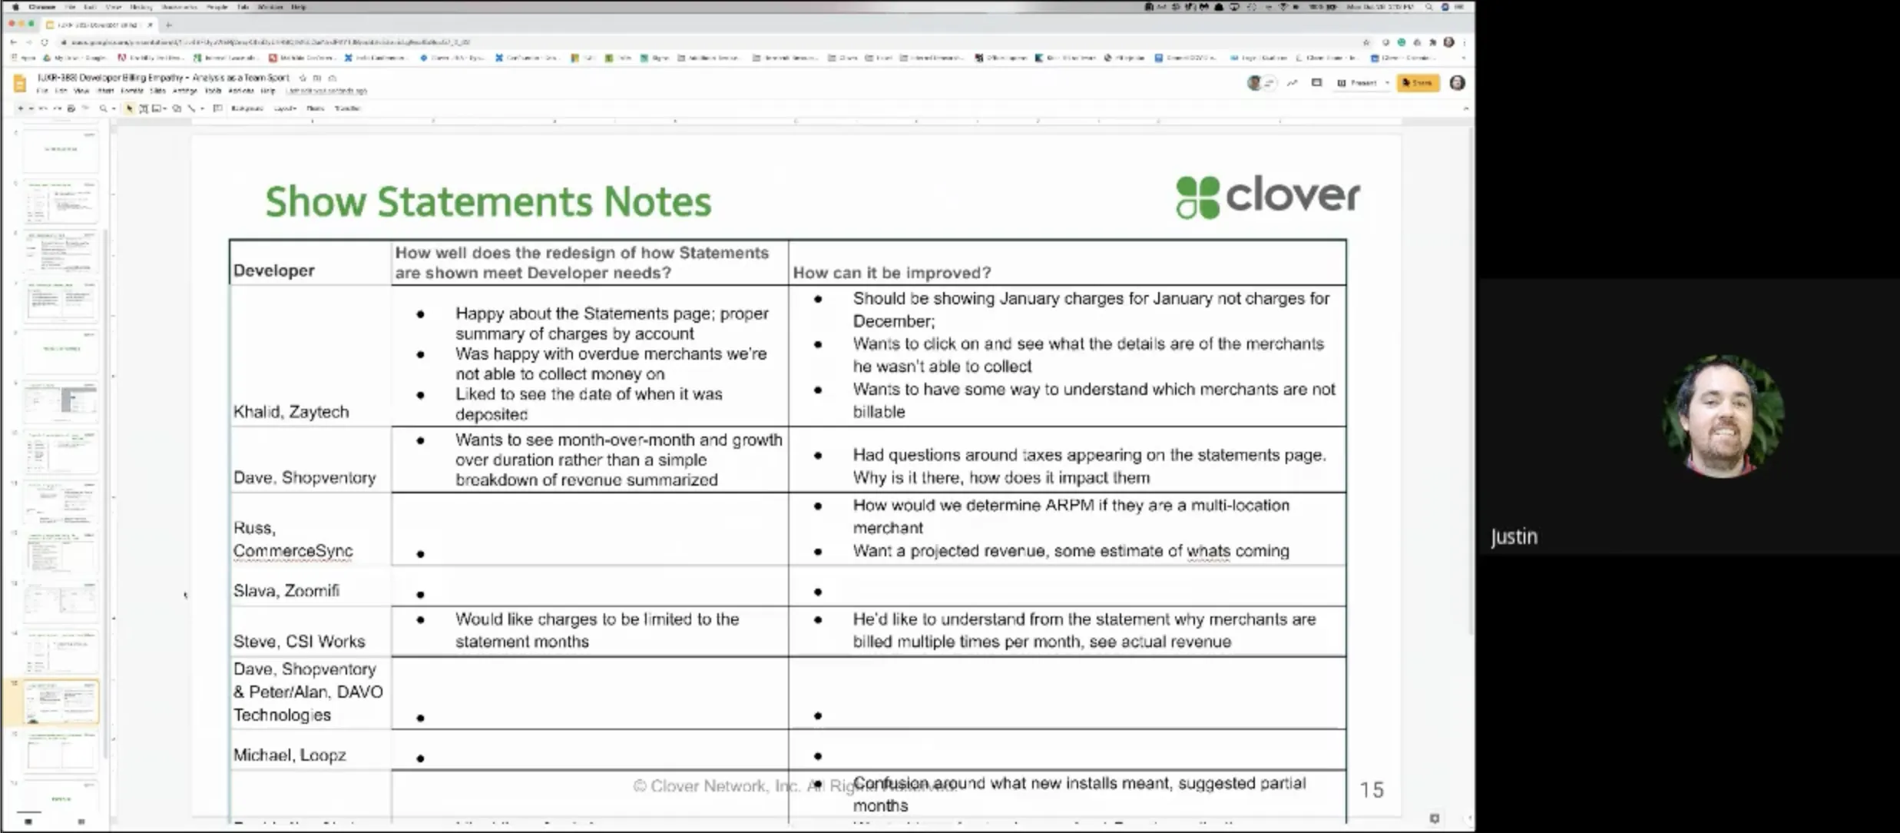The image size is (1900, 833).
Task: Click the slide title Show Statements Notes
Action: coord(488,202)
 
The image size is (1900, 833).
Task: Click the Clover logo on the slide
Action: coord(1268,197)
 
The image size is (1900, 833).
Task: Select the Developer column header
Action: coord(274,270)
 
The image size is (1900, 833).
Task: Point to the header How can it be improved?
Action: coord(892,273)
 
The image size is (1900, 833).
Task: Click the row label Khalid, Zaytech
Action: coord(291,412)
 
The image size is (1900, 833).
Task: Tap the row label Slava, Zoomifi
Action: coord(286,591)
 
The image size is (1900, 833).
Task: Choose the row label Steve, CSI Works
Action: coord(300,642)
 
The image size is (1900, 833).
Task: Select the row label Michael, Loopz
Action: coord(290,755)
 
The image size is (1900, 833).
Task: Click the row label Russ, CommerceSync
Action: coord(293,539)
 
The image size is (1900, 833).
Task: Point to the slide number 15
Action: coord(1372,790)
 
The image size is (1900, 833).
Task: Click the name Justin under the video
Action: coord(1514,536)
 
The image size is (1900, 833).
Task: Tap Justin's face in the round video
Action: coord(1722,417)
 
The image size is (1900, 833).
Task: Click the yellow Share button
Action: coord(1418,83)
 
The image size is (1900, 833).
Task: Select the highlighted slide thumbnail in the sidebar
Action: coord(61,701)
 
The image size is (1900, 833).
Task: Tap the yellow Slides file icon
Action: coord(21,83)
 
